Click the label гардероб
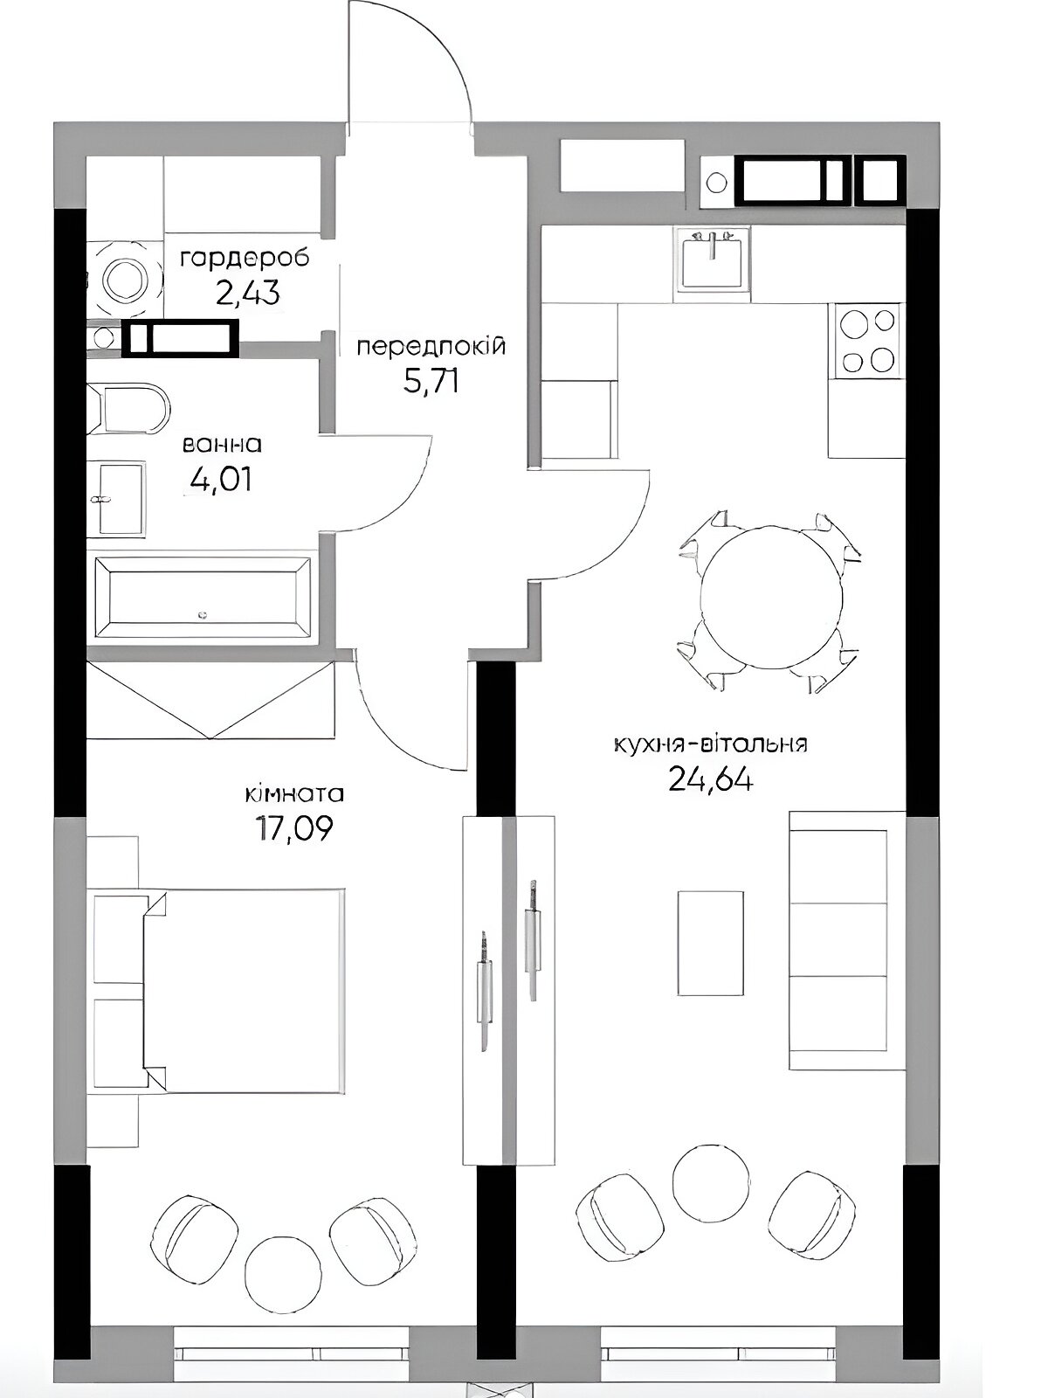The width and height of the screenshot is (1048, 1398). point(245,260)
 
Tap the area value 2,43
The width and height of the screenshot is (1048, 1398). point(248,294)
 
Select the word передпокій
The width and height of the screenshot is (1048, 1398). point(431,347)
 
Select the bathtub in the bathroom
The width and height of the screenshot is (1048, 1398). point(203,598)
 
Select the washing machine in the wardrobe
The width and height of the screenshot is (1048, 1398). point(125,280)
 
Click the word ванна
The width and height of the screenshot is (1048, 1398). point(222,445)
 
